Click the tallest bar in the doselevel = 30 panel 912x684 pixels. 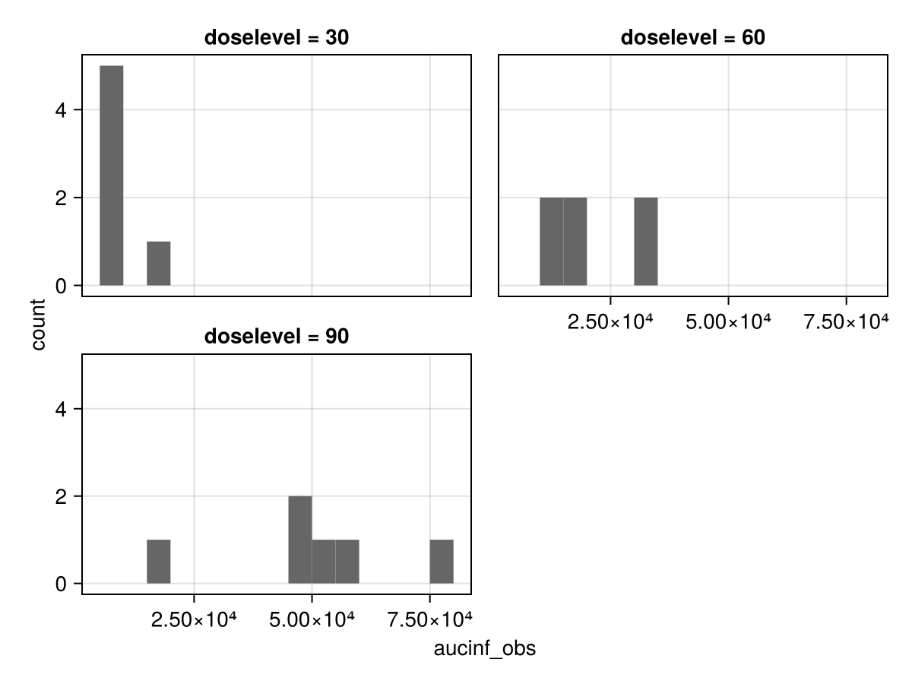[x=111, y=176]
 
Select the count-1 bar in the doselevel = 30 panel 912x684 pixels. [x=158, y=264]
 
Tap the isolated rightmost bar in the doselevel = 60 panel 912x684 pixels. [x=645, y=242]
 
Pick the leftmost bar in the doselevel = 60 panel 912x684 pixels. [x=551, y=242]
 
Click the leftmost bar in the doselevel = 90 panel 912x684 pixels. [x=158, y=562]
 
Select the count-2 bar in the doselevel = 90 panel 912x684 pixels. [x=299, y=540]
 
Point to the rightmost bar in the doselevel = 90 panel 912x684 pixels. [x=442, y=562]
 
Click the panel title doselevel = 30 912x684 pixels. [x=277, y=38]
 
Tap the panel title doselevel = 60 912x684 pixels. [x=692, y=38]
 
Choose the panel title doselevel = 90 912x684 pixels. [x=277, y=336]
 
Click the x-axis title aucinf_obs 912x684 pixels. [x=484, y=649]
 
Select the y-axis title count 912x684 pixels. [x=39, y=325]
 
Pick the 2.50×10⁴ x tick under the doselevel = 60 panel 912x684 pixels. [x=610, y=321]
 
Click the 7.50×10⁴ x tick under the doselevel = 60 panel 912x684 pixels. [x=846, y=321]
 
